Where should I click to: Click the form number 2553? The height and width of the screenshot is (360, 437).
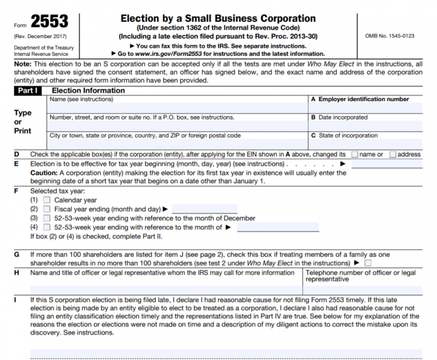click(50, 22)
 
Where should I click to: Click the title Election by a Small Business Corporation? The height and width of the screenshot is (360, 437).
click(218, 19)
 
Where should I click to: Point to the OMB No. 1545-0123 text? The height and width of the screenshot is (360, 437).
click(390, 36)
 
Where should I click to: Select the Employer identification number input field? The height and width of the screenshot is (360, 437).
click(365, 107)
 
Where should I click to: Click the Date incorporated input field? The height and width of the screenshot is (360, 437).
click(365, 126)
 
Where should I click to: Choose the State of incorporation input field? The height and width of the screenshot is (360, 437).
click(365, 143)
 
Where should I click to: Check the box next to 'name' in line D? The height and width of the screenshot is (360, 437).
click(355, 154)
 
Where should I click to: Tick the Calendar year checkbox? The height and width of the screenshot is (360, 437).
click(47, 200)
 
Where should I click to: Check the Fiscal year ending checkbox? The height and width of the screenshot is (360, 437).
click(47, 209)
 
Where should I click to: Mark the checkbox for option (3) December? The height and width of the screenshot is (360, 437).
click(47, 218)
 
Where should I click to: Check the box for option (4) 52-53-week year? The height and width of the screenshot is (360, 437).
click(47, 227)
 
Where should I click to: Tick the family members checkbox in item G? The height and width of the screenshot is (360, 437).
click(368, 263)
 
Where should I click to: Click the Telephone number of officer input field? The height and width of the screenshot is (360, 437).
click(362, 289)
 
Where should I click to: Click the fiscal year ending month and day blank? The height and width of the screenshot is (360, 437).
click(204, 209)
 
